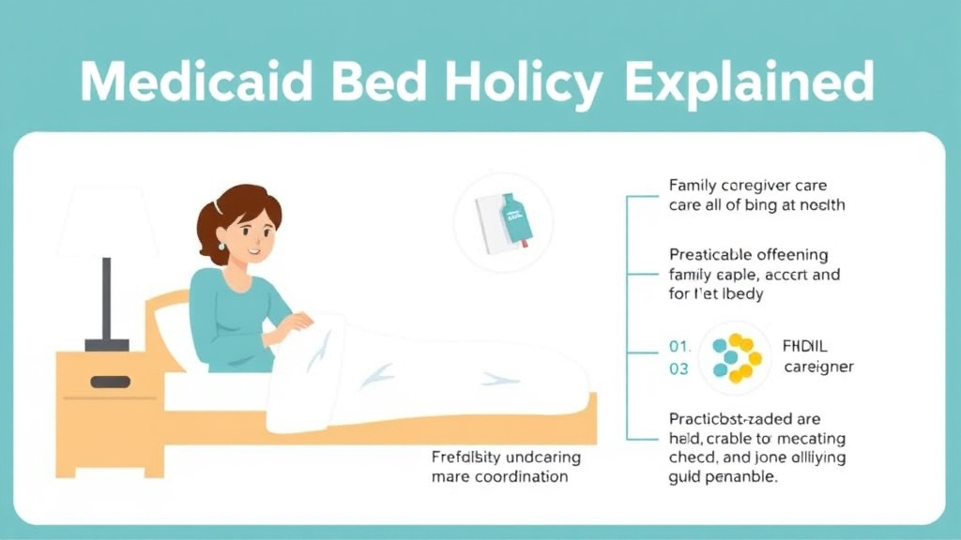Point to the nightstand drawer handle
click(x=110, y=382)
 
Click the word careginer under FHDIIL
click(x=817, y=367)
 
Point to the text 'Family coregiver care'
click(x=747, y=186)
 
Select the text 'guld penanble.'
click(x=723, y=477)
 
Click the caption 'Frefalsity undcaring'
click(x=506, y=457)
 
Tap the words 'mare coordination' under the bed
click(x=499, y=477)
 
